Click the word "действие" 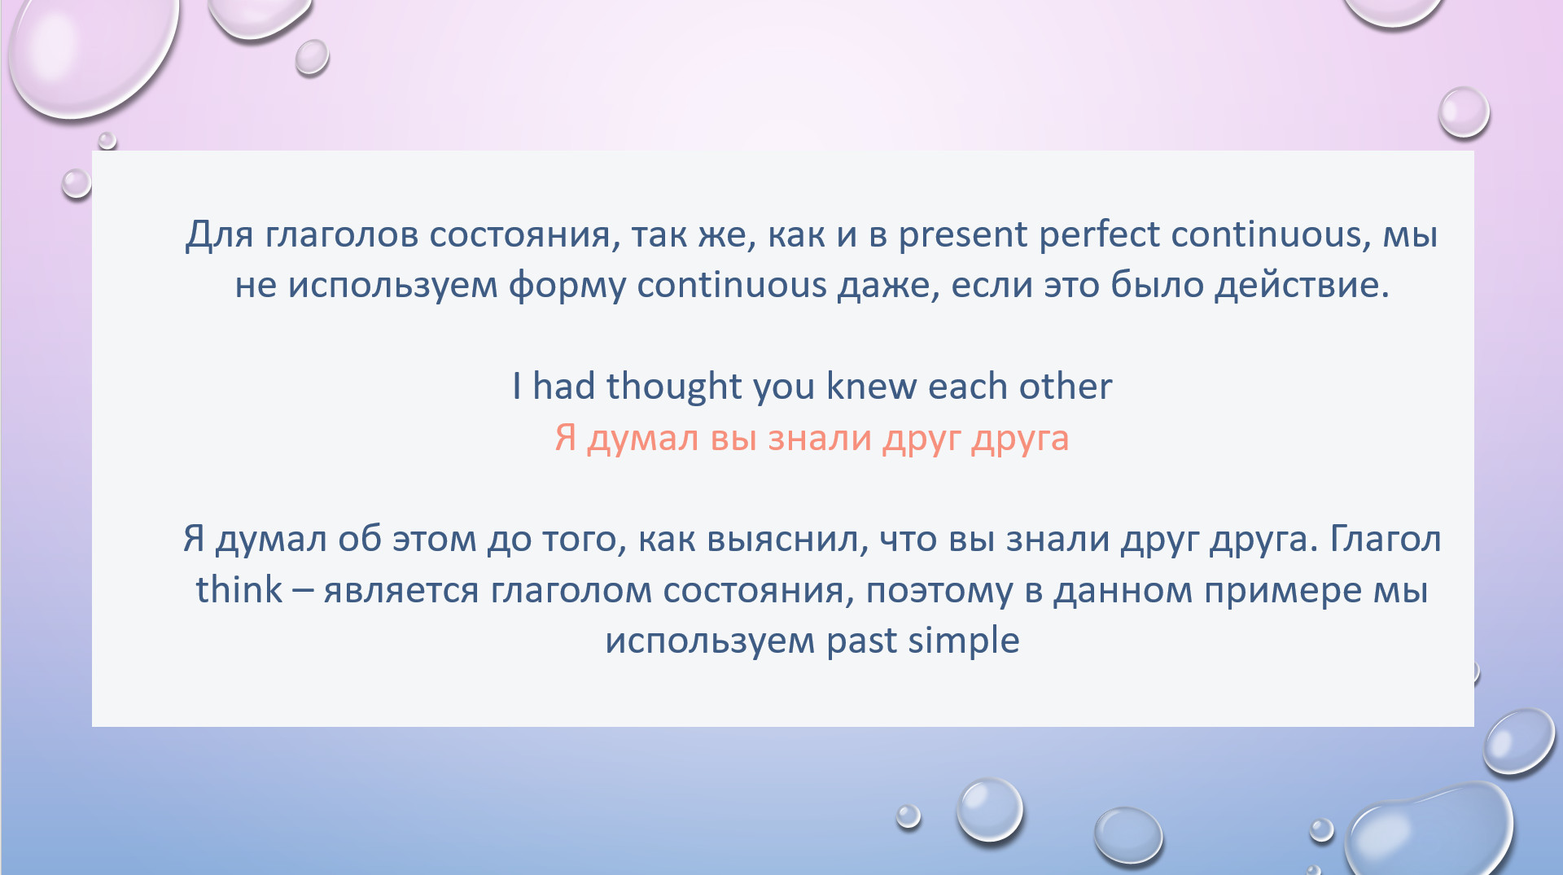[1302, 286]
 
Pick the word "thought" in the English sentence [674, 387]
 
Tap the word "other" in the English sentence [1065, 386]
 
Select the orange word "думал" [643, 440]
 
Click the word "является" [401, 592]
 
